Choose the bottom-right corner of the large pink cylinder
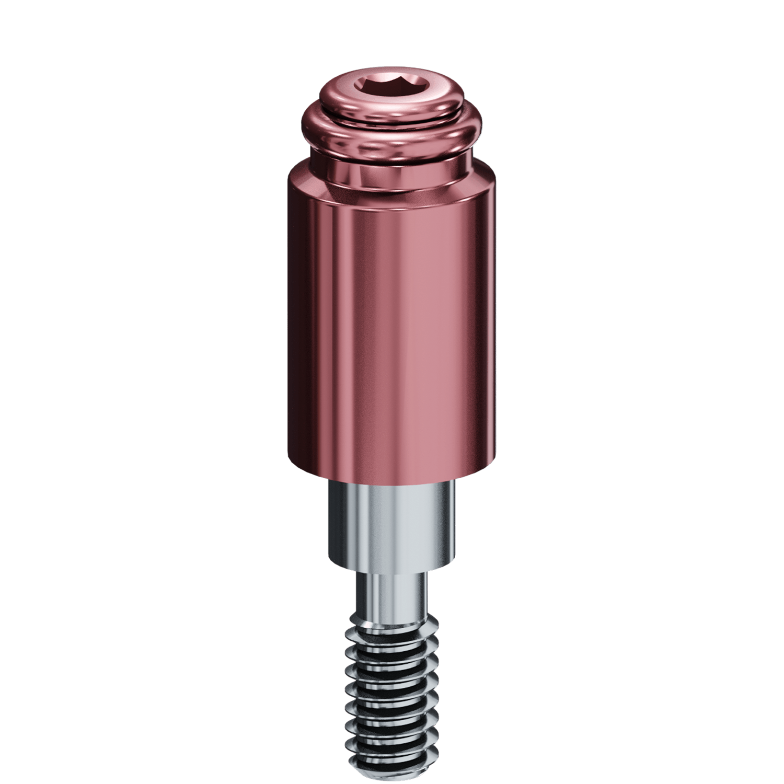(x=493, y=463)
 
